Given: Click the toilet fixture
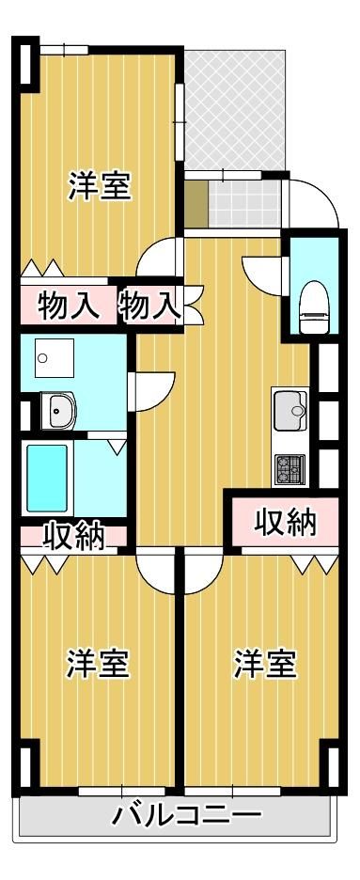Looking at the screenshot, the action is pyautogui.click(x=313, y=306).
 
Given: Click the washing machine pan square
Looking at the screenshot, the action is pyautogui.click(x=54, y=357).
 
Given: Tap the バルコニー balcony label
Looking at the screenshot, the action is pyautogui.click(x=187, y=814).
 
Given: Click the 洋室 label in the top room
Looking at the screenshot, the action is pyautogui.click(x=100, y=186).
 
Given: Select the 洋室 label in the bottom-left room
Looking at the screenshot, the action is pyautogui.click(x=99, y=664).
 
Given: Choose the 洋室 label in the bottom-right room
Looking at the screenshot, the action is pyautogui.click(x=265, y=664).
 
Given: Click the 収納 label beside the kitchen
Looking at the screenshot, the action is pyautogui.click(x=286, y=523).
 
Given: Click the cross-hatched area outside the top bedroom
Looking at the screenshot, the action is pyautogui.click(x=235, y=110).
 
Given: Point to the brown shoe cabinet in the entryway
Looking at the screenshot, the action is pyautogui.click(x=196, y=204).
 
